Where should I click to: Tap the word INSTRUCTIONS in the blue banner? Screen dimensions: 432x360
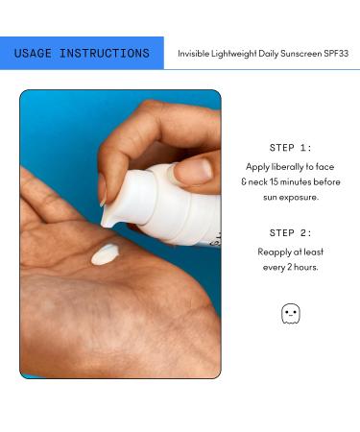click(106, 54)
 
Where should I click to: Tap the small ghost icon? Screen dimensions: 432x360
click(290, 313)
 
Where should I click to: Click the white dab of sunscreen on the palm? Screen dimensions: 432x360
click(105, 254)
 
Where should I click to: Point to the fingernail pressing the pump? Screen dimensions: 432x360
click(194, 171)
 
